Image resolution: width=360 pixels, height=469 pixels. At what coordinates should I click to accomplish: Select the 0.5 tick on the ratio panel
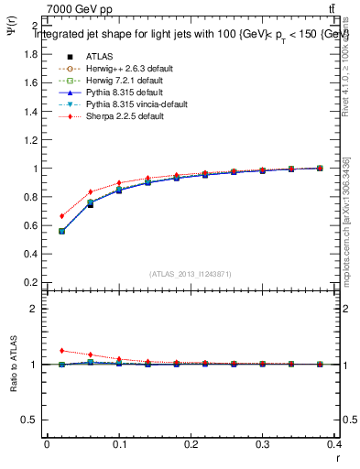[x=29, y=420]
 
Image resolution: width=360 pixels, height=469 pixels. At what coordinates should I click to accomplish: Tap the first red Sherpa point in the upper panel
[x=61, y=216]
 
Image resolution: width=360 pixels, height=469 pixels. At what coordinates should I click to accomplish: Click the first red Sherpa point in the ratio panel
[x=61, y=350]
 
